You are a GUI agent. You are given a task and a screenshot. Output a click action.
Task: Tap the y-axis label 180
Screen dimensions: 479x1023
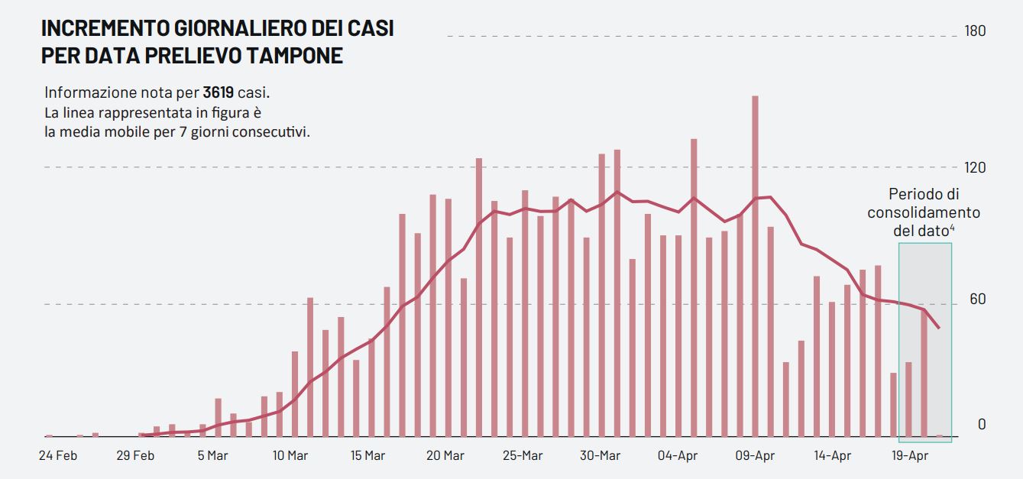[x=976, y=31]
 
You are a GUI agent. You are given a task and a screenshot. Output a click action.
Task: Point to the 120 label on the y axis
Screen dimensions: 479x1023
[x=976, y=167]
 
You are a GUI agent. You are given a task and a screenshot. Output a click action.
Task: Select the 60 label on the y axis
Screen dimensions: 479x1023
[x=978, y=299]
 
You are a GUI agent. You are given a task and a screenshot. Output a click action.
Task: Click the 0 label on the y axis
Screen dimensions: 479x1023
[x=982, y=425]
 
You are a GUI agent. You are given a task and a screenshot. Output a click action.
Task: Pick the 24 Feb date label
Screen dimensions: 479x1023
[x=57, y=456]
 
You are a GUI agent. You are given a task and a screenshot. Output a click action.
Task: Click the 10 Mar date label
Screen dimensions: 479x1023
[x=290, y=456]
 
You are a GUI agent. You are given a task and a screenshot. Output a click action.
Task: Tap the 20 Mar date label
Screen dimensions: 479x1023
[x=445, y=456]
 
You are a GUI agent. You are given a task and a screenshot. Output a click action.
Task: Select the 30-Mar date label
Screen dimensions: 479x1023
[x=600, y=456]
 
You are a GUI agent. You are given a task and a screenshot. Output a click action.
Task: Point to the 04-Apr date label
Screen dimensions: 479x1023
[x=678, y=456]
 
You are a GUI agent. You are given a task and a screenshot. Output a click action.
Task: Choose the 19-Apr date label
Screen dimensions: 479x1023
[x=910, y=456]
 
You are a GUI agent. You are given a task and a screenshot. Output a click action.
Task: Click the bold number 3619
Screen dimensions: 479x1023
[x=218, y=93]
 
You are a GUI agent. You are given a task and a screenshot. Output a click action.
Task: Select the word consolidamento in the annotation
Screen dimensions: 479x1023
[x=923, y=212]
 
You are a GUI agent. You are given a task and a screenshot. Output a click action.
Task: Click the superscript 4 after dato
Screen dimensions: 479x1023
[x=952, y=228]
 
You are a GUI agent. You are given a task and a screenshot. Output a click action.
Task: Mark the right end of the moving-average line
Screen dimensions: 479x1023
[x=939, y=328]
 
